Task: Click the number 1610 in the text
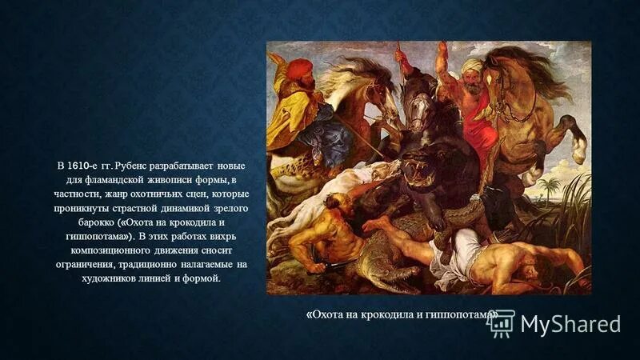click(78, 166)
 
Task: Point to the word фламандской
click(109, 180)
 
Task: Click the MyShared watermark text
click(570, 323)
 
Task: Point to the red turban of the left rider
click(300, 67)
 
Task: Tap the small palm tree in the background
click(549, 188)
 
